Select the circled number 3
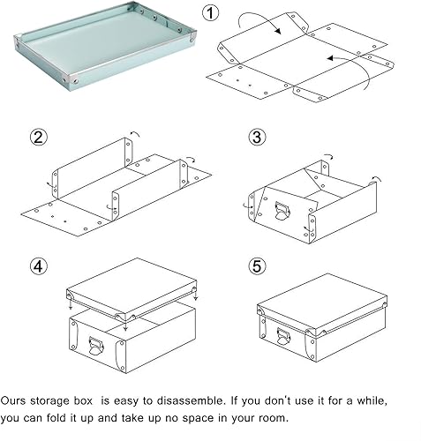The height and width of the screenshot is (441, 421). coord(257,137)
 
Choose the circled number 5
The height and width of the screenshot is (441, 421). coord(257,264)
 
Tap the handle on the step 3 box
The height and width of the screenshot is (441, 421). coord(282,211)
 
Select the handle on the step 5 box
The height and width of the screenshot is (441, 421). coord(282,336)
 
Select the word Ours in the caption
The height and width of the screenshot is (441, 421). coord(17,400)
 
